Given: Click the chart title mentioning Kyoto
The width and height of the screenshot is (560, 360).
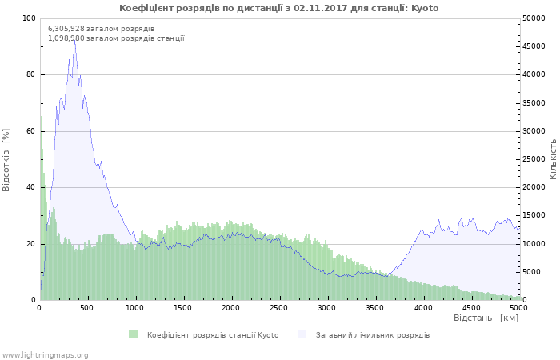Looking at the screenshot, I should pyautogui.click(x=278, y=8).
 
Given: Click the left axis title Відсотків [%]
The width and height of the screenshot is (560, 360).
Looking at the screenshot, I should pyautogui.click(x=6, y=159).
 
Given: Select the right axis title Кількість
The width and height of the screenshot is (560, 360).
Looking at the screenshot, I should pyautogui.click(x=553, y=158).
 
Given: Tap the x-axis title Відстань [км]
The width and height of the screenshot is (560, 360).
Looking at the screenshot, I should pyautogui.click(x=486, y=318).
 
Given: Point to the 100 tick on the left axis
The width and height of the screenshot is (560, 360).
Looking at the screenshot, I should pyautogui.click(x=29, y=18).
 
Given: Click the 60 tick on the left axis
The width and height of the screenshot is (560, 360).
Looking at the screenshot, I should pyautogui.click(x=30, y=131).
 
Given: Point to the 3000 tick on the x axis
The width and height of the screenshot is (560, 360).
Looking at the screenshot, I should pyautogui.click(x=326, y=307).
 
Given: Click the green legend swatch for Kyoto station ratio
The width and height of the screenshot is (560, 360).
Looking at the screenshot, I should pyautogui.click(x=133, y=334).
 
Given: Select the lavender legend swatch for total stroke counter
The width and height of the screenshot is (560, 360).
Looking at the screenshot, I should pyautogui.click(x=302, y=334).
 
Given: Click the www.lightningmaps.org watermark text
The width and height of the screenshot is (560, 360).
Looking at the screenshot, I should pyautogui.click(x=45, y=354).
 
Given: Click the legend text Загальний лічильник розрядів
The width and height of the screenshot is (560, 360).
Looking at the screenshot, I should pyautogui.click(x=373, y=335).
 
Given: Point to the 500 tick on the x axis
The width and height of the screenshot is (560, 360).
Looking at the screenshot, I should pyautogui.click(x=87, y=307).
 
